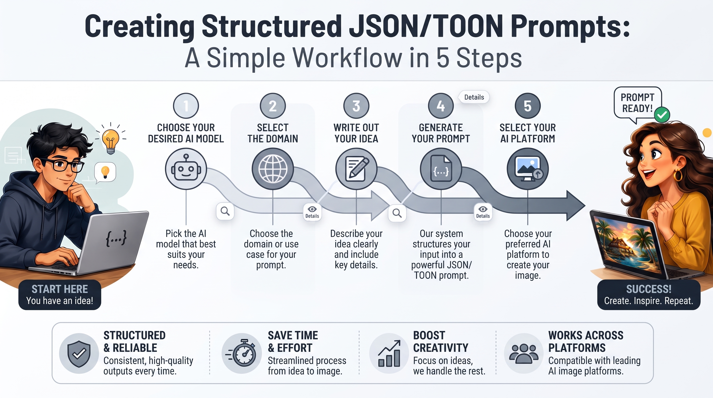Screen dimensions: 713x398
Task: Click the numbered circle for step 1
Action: (x=186, y=106)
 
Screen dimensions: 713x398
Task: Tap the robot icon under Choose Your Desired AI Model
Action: (x=186, y=169)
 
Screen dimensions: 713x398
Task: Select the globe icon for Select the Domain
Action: (x=273, y=169)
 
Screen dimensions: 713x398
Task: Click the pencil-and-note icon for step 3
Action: (x=356, y=169)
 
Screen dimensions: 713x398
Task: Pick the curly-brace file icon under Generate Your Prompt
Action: (x=441, y=169)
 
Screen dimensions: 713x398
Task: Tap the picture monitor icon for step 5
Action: (x=527, y=169)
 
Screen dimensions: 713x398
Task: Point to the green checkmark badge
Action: (x=662, y=115)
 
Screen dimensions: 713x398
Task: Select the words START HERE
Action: (x=60, y=289)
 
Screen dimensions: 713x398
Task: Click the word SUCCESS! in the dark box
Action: (x=649, y=289)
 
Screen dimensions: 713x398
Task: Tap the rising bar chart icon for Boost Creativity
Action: (x=389, y=353)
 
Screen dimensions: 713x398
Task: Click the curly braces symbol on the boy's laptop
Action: (x=116, y=238)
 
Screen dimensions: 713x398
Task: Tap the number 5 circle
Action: (x=527, y=106)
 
